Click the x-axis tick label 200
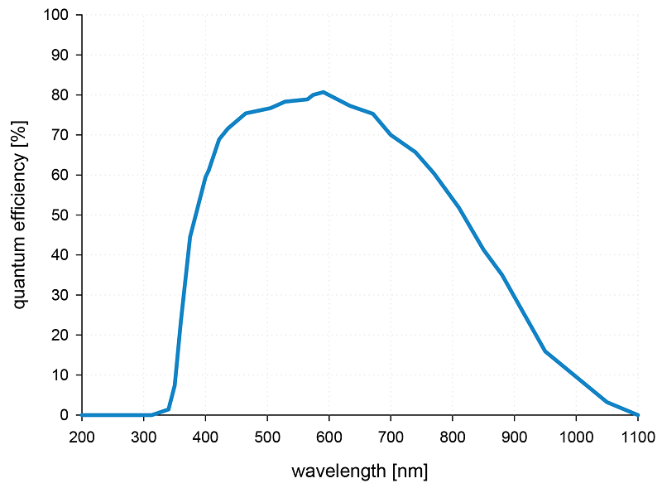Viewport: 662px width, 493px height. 82,436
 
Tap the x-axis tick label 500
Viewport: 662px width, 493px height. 267,436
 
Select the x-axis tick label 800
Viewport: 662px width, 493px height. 453,436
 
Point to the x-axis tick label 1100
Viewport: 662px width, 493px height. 637,436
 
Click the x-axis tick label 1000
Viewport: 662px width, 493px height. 576,436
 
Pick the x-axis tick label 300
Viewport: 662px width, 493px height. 144,436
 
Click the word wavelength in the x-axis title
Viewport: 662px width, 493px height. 337,471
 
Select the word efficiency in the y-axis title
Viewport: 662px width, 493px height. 21,187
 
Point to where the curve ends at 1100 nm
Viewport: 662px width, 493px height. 637,414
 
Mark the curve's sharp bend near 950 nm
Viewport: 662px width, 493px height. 545,351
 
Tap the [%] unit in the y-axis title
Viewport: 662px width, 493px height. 21,132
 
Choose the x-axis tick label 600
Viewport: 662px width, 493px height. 329,436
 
